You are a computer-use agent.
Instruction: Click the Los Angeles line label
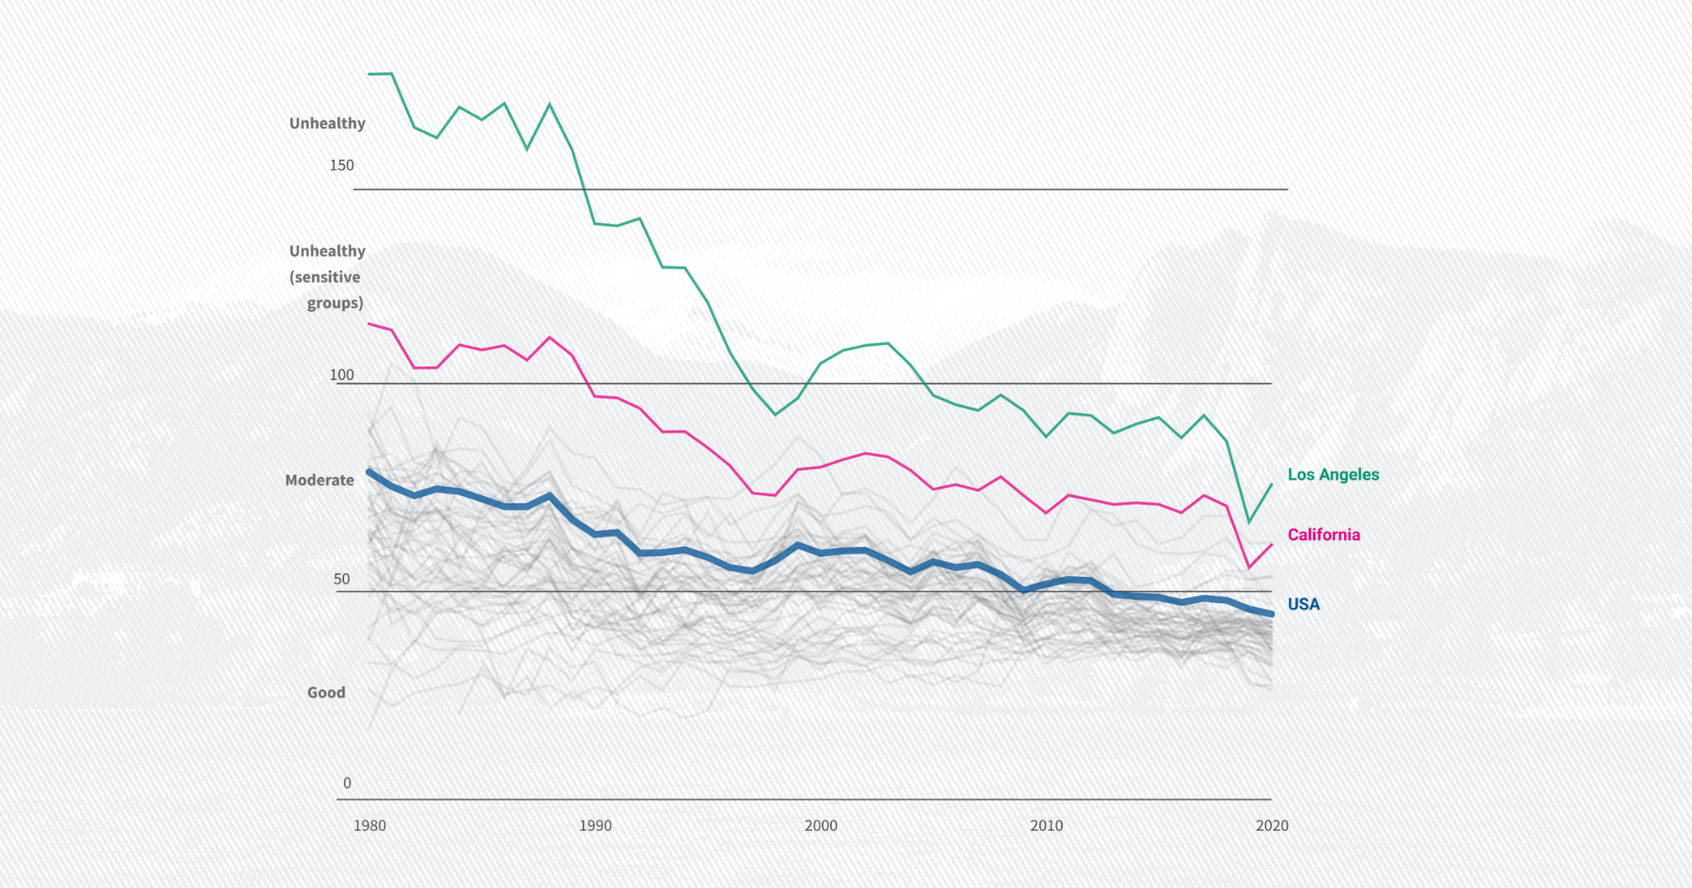[1333, 475]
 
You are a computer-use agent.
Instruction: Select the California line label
[1324, 535]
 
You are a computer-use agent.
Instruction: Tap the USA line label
[1303, 604]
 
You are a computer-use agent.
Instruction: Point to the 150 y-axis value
[341, 165]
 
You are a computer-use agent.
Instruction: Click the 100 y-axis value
[341, 375]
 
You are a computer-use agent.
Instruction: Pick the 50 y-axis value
[342, 580]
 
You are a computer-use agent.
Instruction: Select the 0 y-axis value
[347, 783]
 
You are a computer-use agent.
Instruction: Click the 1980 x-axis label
[369, 826]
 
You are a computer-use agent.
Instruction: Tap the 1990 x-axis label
[595, 826]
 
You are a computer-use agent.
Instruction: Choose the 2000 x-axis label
[821, 826]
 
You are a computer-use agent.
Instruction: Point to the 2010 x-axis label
[1046, 826]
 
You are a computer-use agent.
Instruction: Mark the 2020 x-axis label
[1272, 826]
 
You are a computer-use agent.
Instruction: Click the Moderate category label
[320, 480]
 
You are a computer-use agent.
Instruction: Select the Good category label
[326, 693]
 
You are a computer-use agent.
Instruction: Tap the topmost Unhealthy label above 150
[327, 123]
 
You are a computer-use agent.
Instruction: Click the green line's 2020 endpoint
[1272, 485]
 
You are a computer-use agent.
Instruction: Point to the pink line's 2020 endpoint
[1272, 545]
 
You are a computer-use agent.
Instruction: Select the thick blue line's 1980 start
[369, 472]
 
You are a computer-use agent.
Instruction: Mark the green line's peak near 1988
[550, 104]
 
